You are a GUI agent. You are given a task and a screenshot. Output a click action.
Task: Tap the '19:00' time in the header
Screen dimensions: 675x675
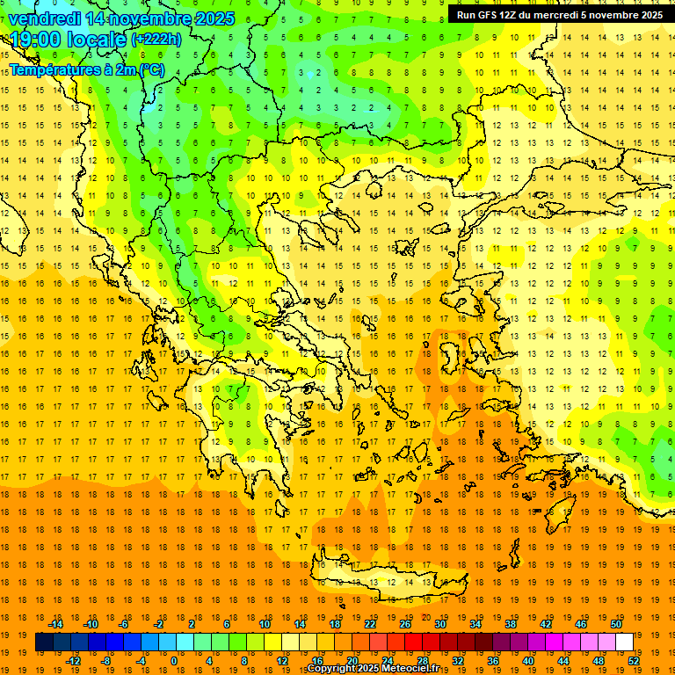click(36, 40)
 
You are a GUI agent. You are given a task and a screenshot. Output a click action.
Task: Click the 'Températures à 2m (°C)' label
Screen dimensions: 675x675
click(86, 69)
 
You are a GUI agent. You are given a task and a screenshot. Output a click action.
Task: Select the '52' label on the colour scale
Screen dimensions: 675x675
click(635, 661)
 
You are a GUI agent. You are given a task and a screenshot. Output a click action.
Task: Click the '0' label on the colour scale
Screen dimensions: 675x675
click(173, 661)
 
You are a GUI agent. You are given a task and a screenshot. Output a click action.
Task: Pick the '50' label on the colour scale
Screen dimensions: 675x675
click(616, 624)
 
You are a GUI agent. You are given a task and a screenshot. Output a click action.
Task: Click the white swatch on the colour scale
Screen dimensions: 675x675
click(625, 642)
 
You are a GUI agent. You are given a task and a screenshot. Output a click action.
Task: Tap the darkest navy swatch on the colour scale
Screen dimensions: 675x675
click(44, 642)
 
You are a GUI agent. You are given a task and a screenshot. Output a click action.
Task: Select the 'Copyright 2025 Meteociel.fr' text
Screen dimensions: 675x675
click(373, 669)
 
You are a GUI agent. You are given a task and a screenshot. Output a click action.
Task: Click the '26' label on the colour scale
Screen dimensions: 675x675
click(405, 624)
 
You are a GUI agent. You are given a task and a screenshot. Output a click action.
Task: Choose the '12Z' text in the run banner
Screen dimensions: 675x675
click(508, 15)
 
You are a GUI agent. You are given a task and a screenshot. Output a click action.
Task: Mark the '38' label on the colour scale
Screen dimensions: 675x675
click(511, 624)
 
